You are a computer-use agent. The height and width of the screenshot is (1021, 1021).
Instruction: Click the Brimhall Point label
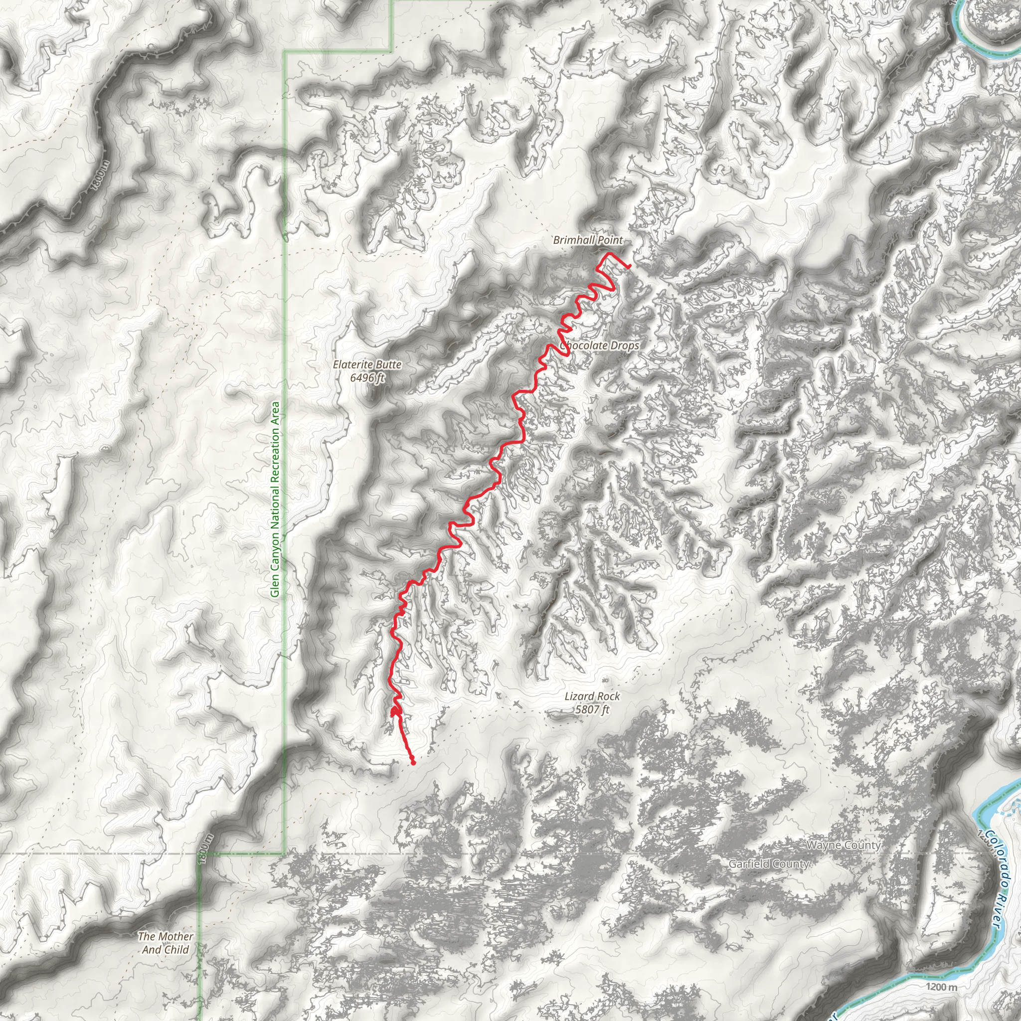click(588, 240)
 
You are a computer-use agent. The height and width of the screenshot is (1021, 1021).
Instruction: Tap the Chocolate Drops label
click(600, 345)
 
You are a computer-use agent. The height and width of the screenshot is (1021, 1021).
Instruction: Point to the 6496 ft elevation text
click(367, 378)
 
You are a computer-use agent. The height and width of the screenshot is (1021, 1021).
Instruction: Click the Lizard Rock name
click(592, 696)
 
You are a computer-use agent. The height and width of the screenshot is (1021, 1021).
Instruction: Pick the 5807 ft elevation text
click(592, 709)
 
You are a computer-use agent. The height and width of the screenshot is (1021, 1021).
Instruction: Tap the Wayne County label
click(844, 846)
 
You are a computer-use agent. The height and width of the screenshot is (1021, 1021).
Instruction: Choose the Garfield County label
click(768, 863)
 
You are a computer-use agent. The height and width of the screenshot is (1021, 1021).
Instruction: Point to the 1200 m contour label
click(941, 986)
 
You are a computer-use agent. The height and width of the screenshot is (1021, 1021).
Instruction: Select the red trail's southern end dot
click(413, 762)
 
